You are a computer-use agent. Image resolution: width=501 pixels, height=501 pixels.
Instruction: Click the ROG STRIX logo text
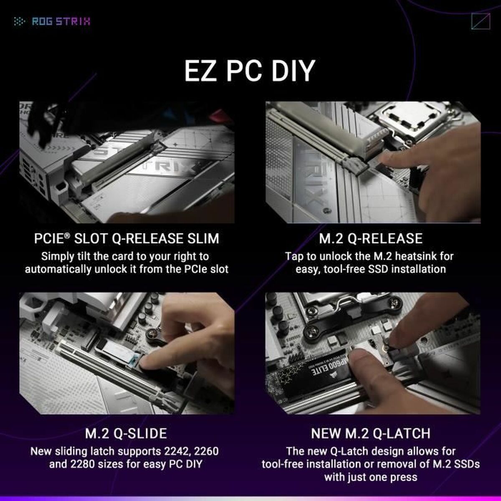coord(61,21)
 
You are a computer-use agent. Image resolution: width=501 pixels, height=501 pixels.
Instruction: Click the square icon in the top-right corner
coord(480,21)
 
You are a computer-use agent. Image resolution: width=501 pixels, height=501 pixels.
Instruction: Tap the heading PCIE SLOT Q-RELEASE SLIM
coord(126,238)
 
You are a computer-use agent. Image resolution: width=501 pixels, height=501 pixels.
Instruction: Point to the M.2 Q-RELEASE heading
coord(371,238)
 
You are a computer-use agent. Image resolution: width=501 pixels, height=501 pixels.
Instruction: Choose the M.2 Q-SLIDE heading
coord(126,433)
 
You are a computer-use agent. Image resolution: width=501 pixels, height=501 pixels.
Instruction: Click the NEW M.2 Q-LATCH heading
coord(371,433)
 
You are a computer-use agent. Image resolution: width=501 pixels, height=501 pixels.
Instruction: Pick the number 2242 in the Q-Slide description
coord(175,451)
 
